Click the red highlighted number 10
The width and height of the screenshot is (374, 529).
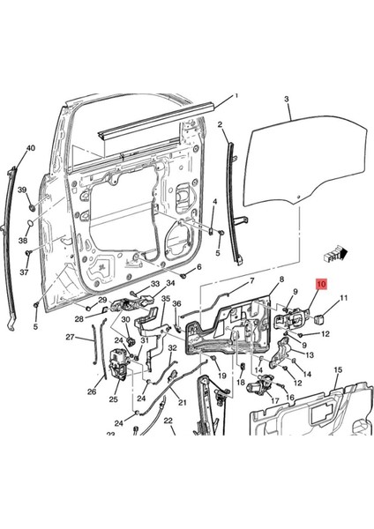click(321, 285)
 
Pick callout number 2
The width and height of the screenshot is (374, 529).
click(220, 125)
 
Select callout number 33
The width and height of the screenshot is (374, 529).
click(154, 284)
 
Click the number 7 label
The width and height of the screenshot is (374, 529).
click(251, 281)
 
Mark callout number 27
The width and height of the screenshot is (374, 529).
click(70, 337)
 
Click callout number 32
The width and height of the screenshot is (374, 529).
click(173, 349)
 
